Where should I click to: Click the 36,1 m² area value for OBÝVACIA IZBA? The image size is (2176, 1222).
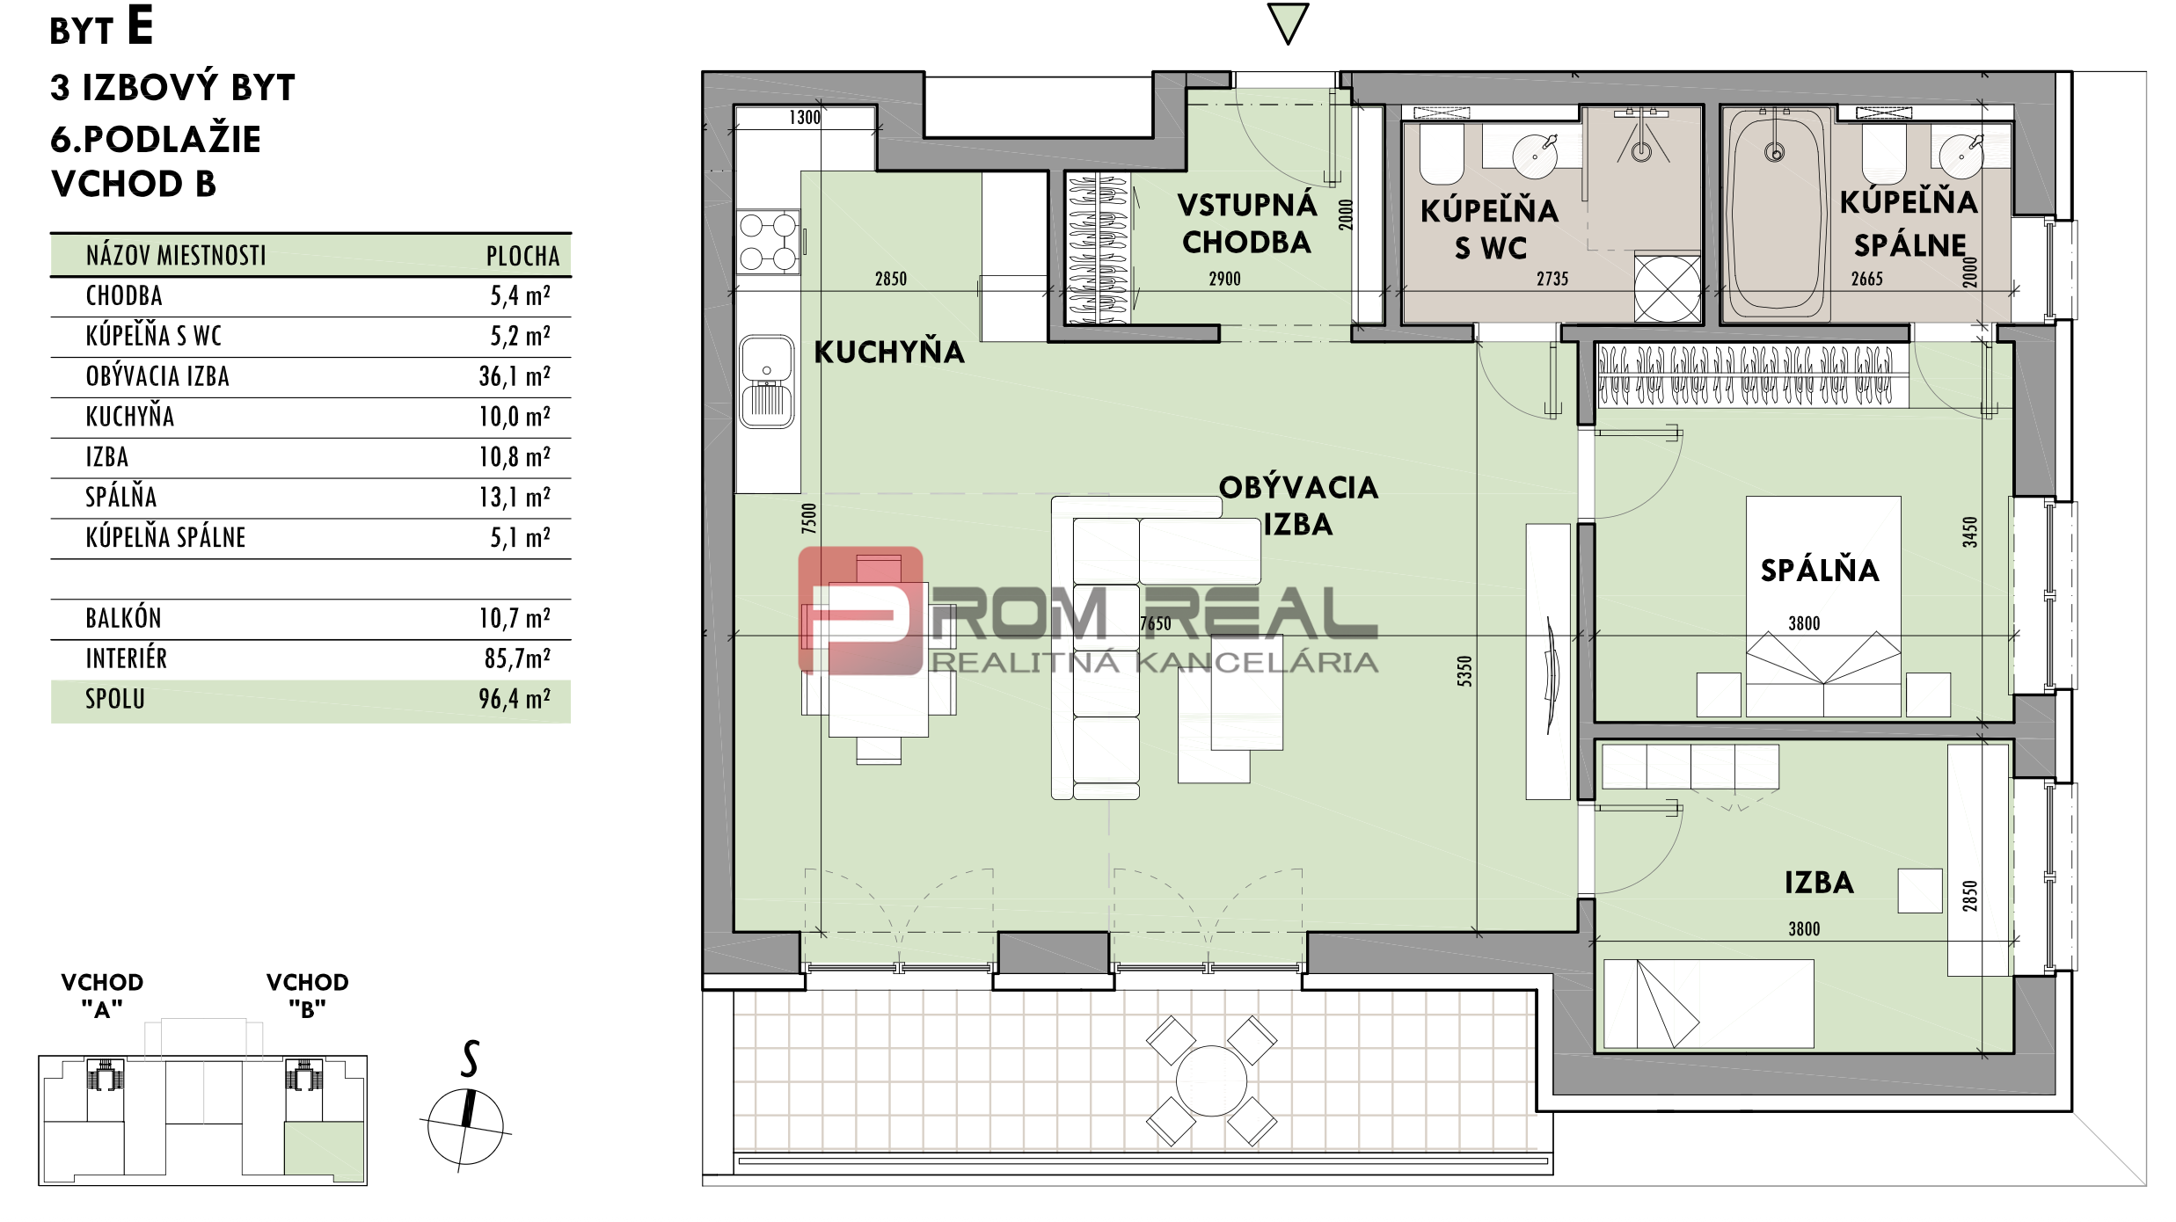click(515, 376)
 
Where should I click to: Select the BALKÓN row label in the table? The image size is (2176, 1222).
click(123, 618)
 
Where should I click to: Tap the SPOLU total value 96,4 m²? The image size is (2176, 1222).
click(515, 699)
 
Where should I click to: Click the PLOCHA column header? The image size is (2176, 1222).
click(522, 256)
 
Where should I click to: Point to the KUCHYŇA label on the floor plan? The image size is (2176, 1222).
click(889, 353)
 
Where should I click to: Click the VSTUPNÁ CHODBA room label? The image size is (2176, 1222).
click(1247, 223)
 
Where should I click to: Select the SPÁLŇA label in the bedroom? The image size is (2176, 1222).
click(1820, 571)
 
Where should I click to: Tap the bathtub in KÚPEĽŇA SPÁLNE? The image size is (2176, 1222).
click(1776, 213)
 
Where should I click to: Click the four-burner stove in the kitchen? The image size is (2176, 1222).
click(768, 242)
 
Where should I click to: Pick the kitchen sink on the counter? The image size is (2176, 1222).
click(767, 382)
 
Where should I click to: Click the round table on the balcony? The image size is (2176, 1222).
click(1211, 1080)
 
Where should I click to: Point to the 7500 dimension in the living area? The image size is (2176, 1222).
click(809, 519)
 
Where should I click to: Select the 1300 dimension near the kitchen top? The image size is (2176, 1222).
click(805, 118)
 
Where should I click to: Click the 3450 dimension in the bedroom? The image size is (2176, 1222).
click(1970, 532)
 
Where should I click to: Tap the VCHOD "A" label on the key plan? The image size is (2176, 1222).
click(102, 995)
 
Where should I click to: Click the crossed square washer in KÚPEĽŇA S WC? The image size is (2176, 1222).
click(1667, 287)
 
